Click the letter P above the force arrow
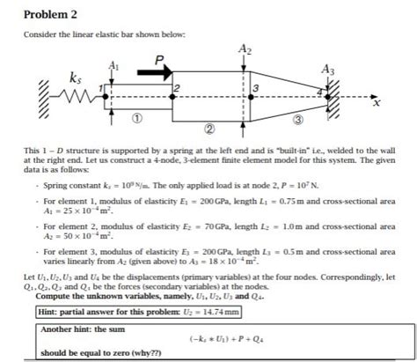point(158,60)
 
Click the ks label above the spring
point(62,78)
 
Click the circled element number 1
point(137,117)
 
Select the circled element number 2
point(208,130)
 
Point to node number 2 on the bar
point(177,89)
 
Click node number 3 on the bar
point(254,89)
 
